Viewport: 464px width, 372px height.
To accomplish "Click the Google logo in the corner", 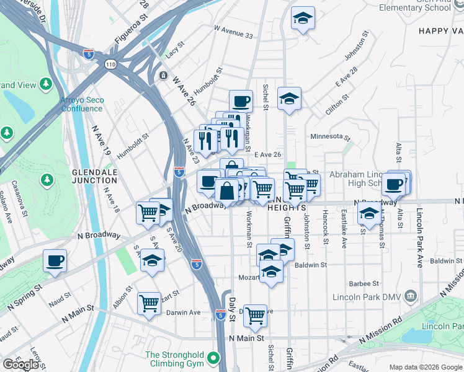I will (20, 365).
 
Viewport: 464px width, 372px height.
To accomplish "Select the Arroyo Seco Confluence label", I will (81, 104).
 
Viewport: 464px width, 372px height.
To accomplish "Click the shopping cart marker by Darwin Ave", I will (149, 303).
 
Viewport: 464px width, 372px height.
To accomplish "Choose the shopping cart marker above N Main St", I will (255, 316).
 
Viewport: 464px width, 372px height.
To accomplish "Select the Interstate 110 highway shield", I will (110, 64).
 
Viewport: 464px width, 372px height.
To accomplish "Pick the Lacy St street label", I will (176, 50).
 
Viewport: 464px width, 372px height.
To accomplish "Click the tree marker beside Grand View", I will (45, 83).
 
